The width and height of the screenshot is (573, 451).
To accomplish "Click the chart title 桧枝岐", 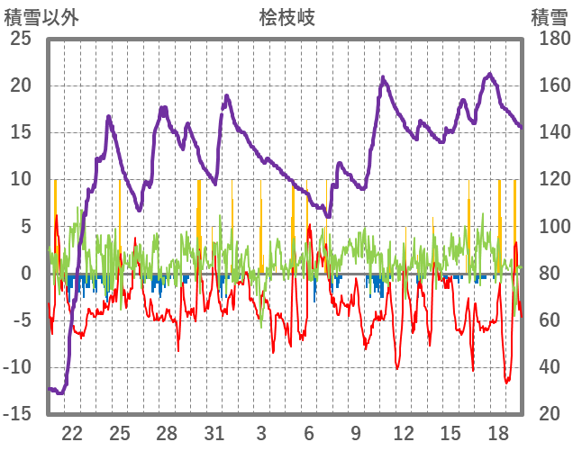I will tap(287, 17).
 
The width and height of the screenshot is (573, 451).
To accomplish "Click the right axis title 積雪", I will tap(549, 17).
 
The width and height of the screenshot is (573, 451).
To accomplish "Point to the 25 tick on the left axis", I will tap(19, 40).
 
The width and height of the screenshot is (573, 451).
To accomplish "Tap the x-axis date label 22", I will tap(72, 432).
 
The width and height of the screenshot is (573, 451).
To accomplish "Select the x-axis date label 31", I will tap(214, 432).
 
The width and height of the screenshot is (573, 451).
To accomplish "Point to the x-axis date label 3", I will tap(261, 432).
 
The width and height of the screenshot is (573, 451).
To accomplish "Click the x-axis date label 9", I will tap(356, 432).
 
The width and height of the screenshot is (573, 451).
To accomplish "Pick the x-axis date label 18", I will tap(497, 432).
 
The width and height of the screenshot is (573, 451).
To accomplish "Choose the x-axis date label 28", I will tap(167, 432).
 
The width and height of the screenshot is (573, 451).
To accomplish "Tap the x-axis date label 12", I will tap(403, 432).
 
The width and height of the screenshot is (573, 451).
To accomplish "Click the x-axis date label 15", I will tap(450, 432).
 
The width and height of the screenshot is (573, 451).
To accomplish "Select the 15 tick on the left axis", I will tap(19, 133).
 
